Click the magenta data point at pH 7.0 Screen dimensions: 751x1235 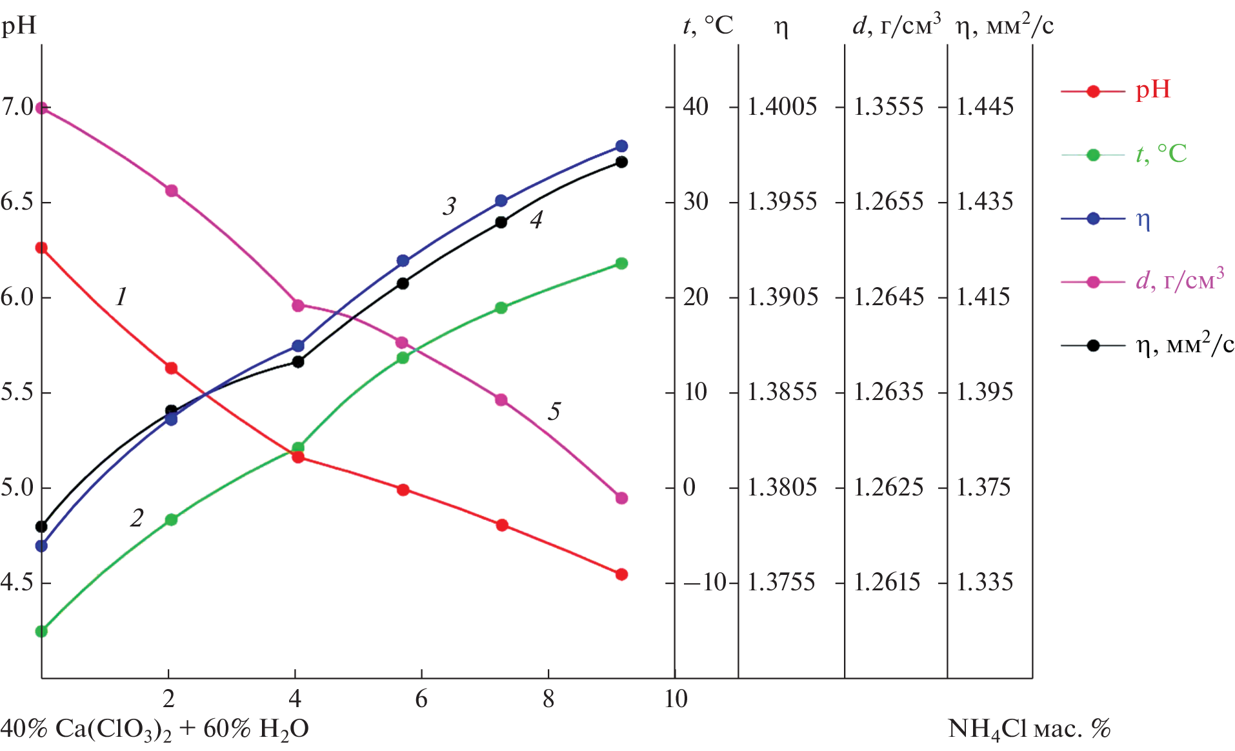[42, 108]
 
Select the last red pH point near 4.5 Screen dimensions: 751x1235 [621, 574]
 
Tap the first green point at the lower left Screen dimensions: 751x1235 [41, 631]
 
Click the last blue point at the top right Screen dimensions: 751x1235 [621, 146]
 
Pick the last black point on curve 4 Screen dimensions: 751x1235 [621, 162]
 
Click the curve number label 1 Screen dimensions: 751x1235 [121, 297]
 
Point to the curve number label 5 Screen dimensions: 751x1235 [554, 412]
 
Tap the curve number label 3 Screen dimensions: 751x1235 [450, 206]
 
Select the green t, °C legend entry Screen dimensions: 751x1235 [1123, 154]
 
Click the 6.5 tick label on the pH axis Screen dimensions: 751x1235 [17, 202]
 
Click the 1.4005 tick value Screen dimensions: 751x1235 [782, 106]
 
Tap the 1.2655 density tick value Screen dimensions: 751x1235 [889, 201]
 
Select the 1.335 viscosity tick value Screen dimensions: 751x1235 [985, 582]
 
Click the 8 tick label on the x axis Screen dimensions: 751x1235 [548, 699]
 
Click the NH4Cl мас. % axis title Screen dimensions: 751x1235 [1029, 729]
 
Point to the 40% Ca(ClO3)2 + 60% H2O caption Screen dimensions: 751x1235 [155, 729]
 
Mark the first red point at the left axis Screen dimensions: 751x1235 [41, 248]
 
